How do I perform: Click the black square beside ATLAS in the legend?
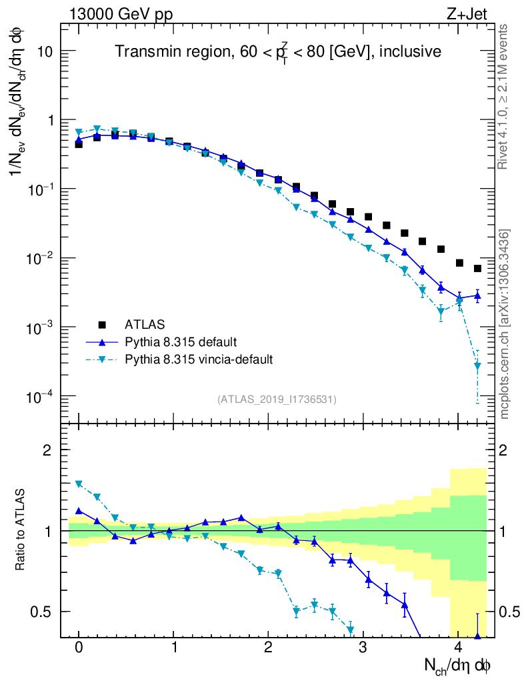pyautogui.click(x=102, y=325)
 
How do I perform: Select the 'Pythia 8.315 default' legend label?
pyautogui.click(x=180, y=342)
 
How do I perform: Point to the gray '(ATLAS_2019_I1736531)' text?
pyautogui.click(x=277, y=400)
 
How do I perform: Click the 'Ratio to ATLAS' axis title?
pyautogui.click(x=21, y=530)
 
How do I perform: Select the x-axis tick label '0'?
pyautogui.click(x=79, y=648)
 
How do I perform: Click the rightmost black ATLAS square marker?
pyautogui.click(x=477, y=269)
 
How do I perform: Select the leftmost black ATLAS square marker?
pyautogui.click(x=79, y=144)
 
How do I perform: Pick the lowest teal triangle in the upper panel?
pyautogui.click(x=477, y=366)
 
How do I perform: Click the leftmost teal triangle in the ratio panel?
pyautogui.click(x=79, y=484)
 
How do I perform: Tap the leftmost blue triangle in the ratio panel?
pyautogui.click(x=79, y=511)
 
